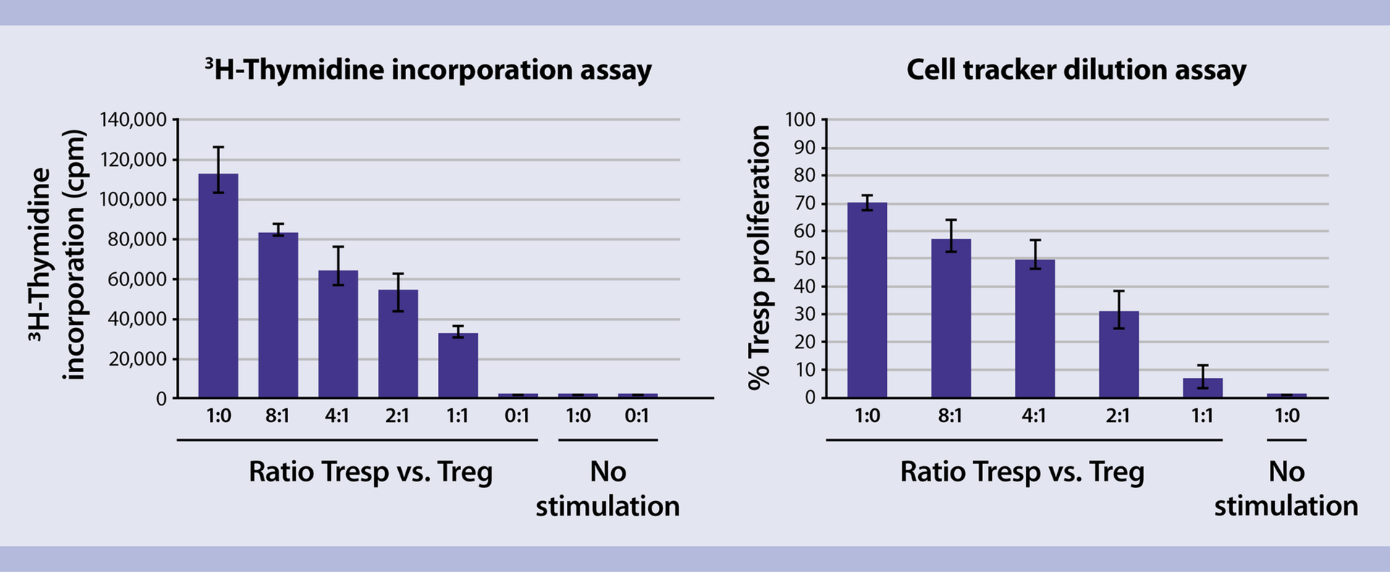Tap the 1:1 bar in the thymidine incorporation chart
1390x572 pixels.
coord(458,366)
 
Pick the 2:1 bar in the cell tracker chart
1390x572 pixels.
coord(1119,355)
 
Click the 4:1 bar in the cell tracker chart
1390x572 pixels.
coord(1035,329)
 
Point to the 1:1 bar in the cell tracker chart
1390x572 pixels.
coord(1202,388)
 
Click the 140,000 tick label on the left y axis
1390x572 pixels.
coord(133,119)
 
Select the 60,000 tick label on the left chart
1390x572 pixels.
coord(138,279)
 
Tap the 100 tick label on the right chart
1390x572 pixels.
coord(800,119)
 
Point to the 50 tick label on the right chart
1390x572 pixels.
coord(804,258)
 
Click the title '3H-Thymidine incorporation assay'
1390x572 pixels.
coord(428,70)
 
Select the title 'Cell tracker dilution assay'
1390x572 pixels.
coord(1076,70)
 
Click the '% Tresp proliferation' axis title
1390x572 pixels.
coord(759,257)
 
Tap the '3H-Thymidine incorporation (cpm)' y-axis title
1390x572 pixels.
coord(58,255)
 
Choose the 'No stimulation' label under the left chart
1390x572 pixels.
coord(607,489)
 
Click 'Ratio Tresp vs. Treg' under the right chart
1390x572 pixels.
coord(1022,472)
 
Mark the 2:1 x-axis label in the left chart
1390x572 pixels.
coord(397,416)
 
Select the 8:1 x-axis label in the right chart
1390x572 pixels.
coord(950,416)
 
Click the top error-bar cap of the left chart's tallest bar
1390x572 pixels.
coord(218,147)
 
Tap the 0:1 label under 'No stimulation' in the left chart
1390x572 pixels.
coord(636,416)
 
